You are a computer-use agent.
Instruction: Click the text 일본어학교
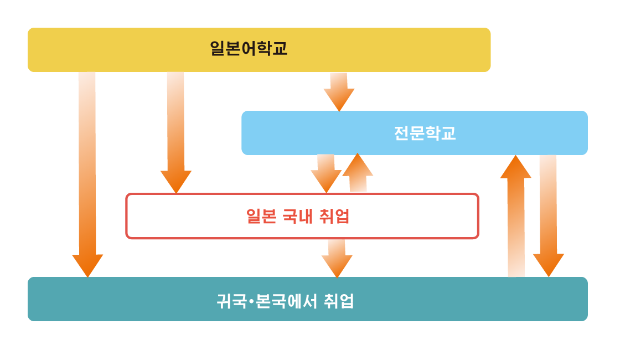click(249, 49)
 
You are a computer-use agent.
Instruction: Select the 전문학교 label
click(425, 133)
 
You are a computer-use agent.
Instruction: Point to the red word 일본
click(261, 216)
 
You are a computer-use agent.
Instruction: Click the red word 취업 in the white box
click(334, 216)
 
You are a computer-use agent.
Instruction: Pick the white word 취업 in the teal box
click(338, 301)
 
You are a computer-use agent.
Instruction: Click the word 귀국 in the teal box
click(231, 301)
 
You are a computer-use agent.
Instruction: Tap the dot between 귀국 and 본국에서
click(250, 301)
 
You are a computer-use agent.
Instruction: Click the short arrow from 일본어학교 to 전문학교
click(339, 91)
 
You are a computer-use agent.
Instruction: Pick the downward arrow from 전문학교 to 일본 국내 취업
click(326, 173)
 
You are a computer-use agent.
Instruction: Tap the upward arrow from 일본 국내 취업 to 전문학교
click(358, 173)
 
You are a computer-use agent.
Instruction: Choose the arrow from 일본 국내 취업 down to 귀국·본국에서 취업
click(337, 258)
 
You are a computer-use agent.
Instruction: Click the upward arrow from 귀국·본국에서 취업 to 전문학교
click(516, 216)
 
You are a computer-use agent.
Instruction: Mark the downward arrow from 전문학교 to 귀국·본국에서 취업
click(548, 216)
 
